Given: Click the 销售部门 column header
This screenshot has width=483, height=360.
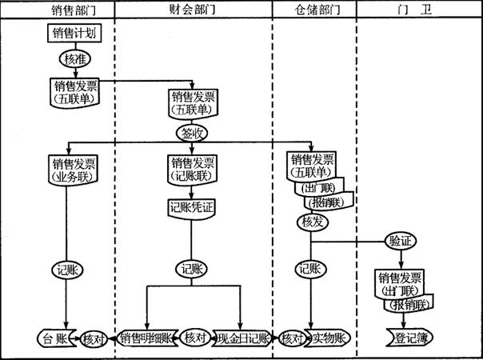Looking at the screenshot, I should tap(58, 10).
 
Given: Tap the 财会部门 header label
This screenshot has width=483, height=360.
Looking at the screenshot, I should tap(192, 10).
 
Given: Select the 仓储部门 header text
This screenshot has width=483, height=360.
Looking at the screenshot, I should tap(314, 10).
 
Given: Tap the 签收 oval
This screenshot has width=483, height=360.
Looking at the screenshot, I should tap(192, 133).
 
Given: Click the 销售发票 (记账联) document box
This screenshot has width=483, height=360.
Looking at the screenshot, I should tap(192, 169).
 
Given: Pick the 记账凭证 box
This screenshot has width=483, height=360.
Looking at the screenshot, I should tap(192, 209).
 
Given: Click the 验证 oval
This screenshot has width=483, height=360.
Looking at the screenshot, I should tap(399, 241).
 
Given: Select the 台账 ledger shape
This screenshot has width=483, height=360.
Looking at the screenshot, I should tap(56, 338).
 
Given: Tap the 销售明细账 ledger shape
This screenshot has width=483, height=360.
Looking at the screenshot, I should tap(147, 338).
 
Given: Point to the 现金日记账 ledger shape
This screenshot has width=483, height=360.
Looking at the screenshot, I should tap(241, 338).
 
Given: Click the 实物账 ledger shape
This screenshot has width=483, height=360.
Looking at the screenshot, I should tap(328, 338).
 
